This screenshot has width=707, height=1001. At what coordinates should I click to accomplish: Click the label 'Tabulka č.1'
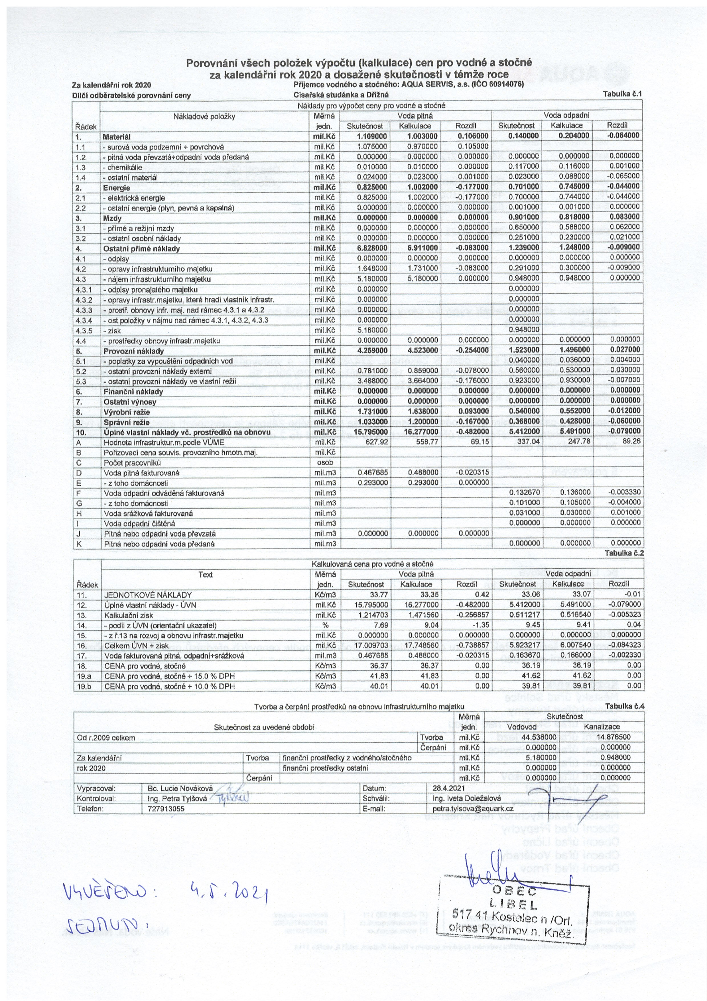(x=622, y=94)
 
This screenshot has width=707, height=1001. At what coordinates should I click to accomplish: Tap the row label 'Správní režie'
(x=126, y=422)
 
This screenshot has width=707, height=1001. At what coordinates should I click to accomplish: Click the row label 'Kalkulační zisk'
(x=129, y=615)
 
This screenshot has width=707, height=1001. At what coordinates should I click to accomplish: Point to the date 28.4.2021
(x=449, y=788)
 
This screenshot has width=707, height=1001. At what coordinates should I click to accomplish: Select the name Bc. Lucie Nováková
(x=180, y=788)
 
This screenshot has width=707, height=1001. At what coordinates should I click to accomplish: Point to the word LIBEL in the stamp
(x=514, y=904)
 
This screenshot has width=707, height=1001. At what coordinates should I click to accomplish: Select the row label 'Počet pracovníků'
(x=132, y=463)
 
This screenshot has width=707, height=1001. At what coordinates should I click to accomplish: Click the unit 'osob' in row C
(x=325, y=463)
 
